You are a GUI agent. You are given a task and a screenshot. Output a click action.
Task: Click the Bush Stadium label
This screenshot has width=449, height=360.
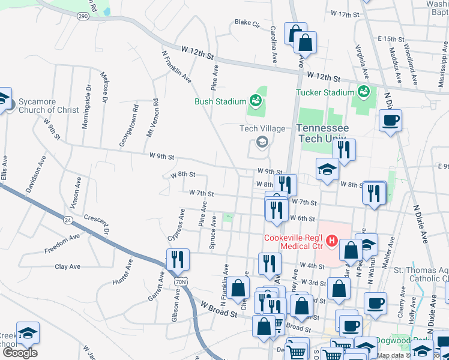(x=220, y=101)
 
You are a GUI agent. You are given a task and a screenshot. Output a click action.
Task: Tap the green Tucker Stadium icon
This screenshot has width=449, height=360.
(x=363, y=92)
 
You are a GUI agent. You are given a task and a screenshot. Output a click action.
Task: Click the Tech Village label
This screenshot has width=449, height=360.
(x=262, y=128)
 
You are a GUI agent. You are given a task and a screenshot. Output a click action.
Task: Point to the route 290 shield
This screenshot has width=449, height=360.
(x=83, y=16)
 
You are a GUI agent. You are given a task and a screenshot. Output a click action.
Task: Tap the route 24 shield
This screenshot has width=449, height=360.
(x=68, y=220)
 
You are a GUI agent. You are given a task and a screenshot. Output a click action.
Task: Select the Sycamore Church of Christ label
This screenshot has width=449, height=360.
(x=48, y=106)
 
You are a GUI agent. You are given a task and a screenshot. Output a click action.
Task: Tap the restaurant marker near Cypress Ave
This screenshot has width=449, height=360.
(x=178, y=259)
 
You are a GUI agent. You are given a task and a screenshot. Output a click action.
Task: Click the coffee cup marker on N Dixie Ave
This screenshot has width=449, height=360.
(x=390, y=121)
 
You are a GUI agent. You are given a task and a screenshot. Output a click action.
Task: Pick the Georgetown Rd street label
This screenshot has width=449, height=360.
(x=136, y=118)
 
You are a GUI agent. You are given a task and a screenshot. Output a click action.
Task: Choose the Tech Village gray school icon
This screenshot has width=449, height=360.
(x=262, y=142)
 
